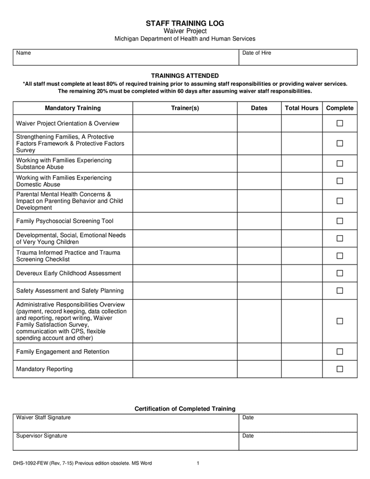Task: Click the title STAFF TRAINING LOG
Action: (185, 23)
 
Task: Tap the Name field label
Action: (23, 53)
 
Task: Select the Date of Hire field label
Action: (257, 53)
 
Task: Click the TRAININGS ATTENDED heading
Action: (185, 76)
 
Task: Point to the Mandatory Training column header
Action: (72, 108)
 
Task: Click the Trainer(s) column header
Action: (185, 108)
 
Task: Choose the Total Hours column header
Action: (301, 108)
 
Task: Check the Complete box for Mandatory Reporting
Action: (340, 369)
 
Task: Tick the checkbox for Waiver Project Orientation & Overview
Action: (340, 123)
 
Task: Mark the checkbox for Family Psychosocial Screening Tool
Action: (340, 221)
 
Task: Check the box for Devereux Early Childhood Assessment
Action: (340, 273)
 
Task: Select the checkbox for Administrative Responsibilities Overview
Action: (340, 321)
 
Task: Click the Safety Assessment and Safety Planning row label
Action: (70, 291)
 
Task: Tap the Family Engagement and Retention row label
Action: (63, 352)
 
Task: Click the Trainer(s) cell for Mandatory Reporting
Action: (185, 369)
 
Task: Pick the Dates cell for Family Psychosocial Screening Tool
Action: (259, 221)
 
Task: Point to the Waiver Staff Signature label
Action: (43, 418)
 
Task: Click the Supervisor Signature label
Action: (42, 436)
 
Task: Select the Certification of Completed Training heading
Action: (185, 409)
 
